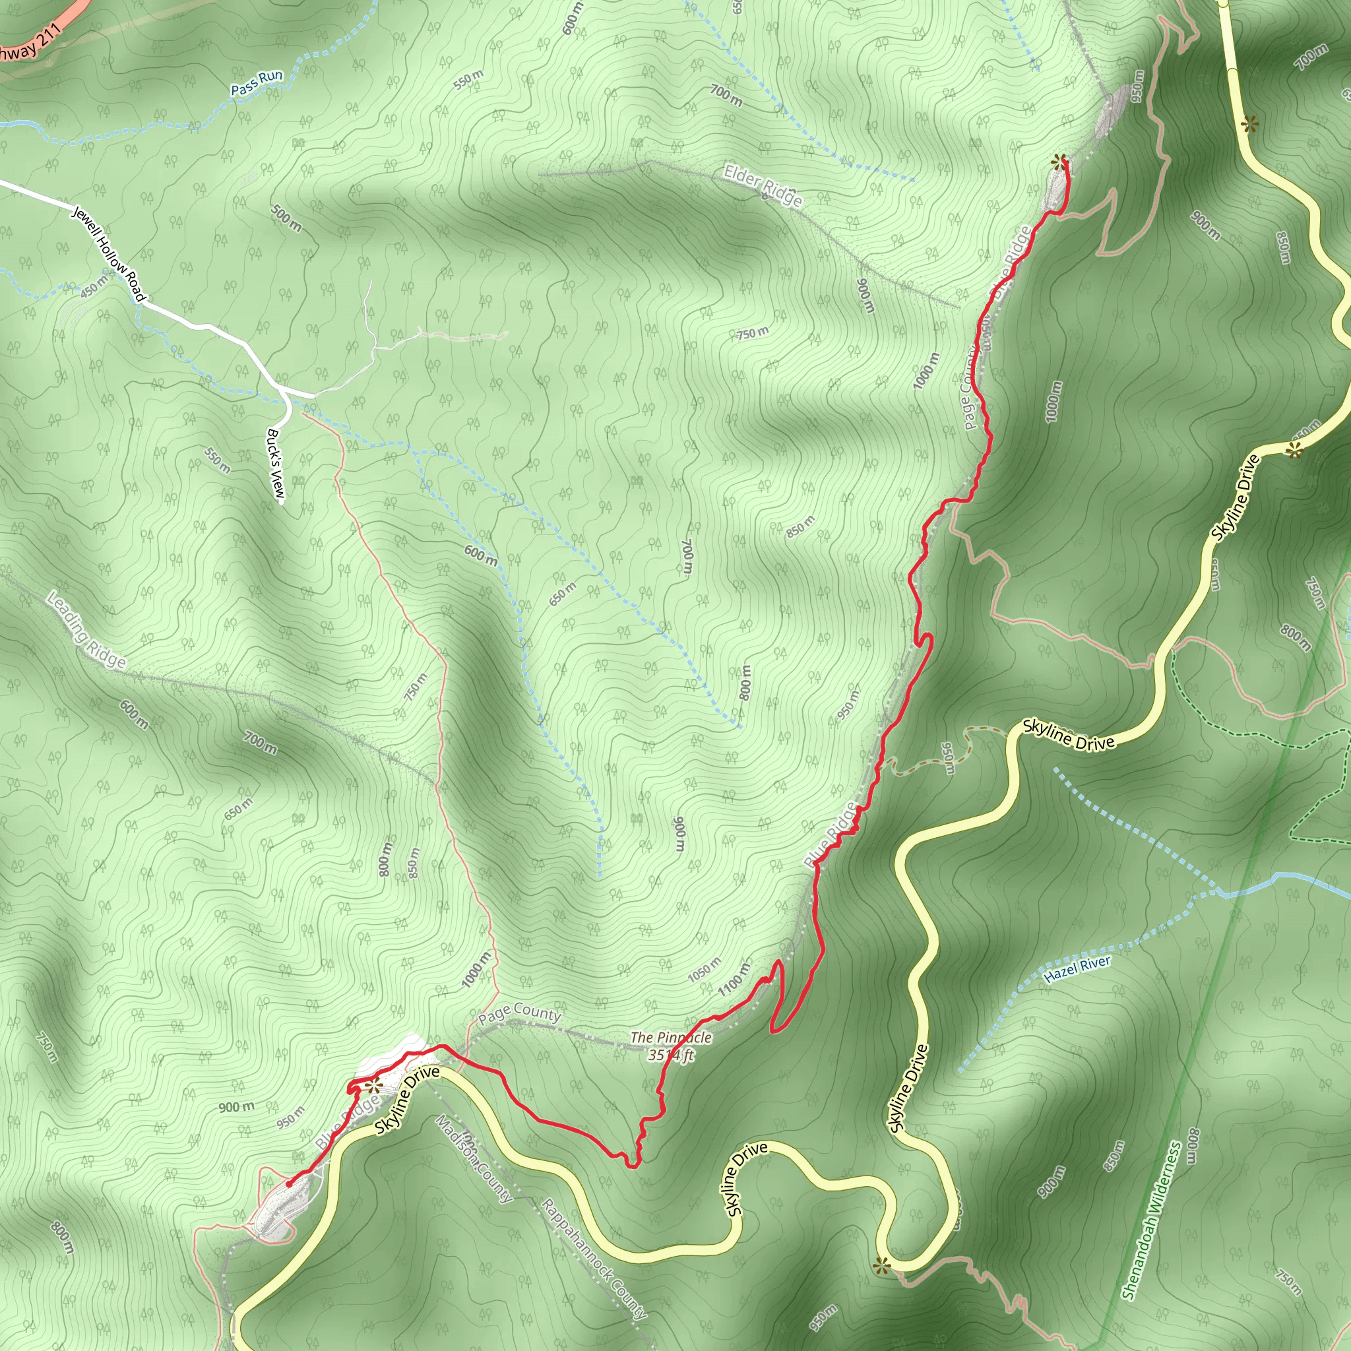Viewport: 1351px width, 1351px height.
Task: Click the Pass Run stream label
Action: coord(257,82)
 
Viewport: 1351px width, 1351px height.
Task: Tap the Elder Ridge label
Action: coord(763,185)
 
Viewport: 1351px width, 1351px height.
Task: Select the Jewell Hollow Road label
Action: coord(109,254)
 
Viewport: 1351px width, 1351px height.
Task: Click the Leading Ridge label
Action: coord(86,629)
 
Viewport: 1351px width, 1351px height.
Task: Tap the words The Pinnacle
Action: coord(671,1038)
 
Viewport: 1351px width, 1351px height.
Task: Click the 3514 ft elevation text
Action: coord(671,1055)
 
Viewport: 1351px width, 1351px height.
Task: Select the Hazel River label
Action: coord(1077,969)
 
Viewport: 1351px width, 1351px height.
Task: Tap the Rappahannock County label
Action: coord(594,1259)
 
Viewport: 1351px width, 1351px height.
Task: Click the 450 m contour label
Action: coord(94,286)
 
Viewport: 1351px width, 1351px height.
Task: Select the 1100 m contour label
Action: coord(734,979)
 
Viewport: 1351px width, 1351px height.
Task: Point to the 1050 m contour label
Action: coord(704,970)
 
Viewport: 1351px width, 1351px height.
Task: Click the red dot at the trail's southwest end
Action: coord(289,1185)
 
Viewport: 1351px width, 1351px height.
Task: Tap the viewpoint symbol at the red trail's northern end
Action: coord(1059,162)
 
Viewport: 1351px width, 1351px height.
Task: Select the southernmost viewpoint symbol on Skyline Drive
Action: coord(881,1265)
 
